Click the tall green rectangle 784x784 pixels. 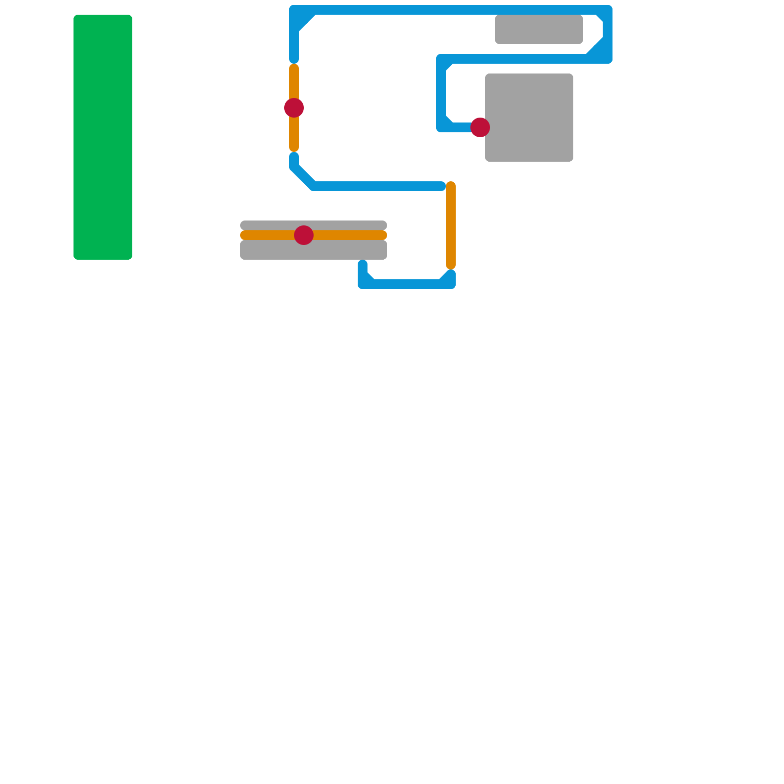[103, 137]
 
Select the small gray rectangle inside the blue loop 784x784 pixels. [539, 29]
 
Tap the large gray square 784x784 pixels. [529, 118]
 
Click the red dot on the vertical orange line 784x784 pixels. [294, 108]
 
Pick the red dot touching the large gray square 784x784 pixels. [480, 127]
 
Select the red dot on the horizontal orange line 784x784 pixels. [304, 235]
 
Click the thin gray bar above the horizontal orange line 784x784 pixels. [343, 225]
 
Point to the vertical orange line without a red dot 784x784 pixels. [451, 225]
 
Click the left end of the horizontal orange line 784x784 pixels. [244, 235]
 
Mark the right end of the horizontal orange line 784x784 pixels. [384, 235]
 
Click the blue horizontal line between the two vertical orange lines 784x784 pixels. [377, 186]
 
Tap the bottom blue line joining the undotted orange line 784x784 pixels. [407, 284]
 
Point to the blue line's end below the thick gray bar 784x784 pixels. [363, 264]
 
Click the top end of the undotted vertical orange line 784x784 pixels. [451, 185]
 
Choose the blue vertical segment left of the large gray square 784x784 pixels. [441, 93]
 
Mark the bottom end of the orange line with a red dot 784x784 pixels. [294, 148]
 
